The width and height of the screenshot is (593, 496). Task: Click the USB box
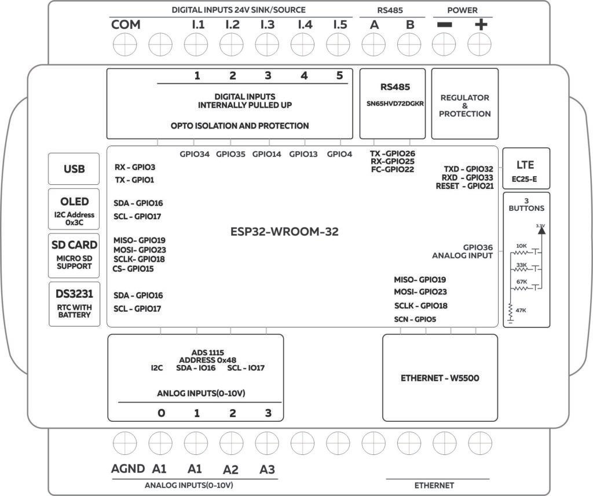coord(74,169)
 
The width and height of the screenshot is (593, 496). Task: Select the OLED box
coord(74,209)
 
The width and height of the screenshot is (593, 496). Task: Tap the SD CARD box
coord(74,254)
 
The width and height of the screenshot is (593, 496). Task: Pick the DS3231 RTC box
coord(74,303)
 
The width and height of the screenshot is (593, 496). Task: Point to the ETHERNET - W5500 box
coord(440,378)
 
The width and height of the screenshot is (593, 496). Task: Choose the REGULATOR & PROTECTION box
coord(464,104)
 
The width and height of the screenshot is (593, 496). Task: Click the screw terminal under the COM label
coord(126,44)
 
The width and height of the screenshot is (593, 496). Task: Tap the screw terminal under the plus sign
coord(480,44)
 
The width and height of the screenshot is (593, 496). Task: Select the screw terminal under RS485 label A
coord(374,44)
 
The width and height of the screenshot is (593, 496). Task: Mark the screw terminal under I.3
coord(267,44)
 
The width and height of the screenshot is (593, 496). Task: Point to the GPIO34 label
coord(194,154)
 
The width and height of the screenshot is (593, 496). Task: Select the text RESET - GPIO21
coord(464,186)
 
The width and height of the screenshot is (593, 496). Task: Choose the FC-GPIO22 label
coord(392,170)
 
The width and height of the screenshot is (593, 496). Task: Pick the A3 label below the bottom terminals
coord(267,469)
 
